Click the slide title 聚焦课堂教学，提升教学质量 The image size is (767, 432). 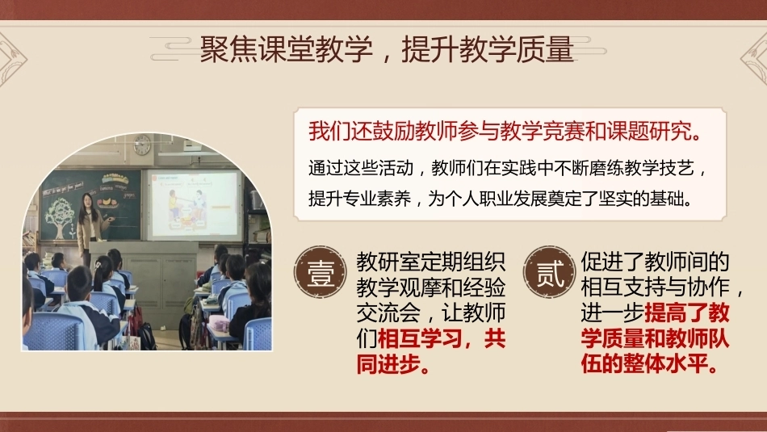[387, 49]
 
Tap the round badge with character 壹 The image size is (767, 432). [321, 272]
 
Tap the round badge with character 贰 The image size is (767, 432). [549, 272]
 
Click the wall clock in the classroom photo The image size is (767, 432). [142, 145]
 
